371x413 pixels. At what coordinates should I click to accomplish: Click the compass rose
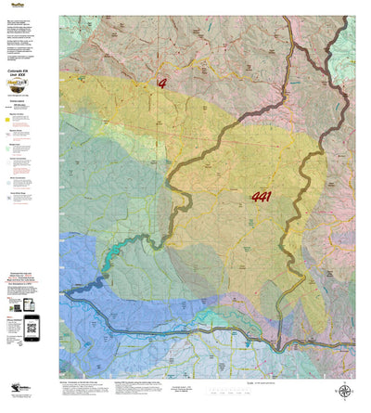(345, 393)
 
